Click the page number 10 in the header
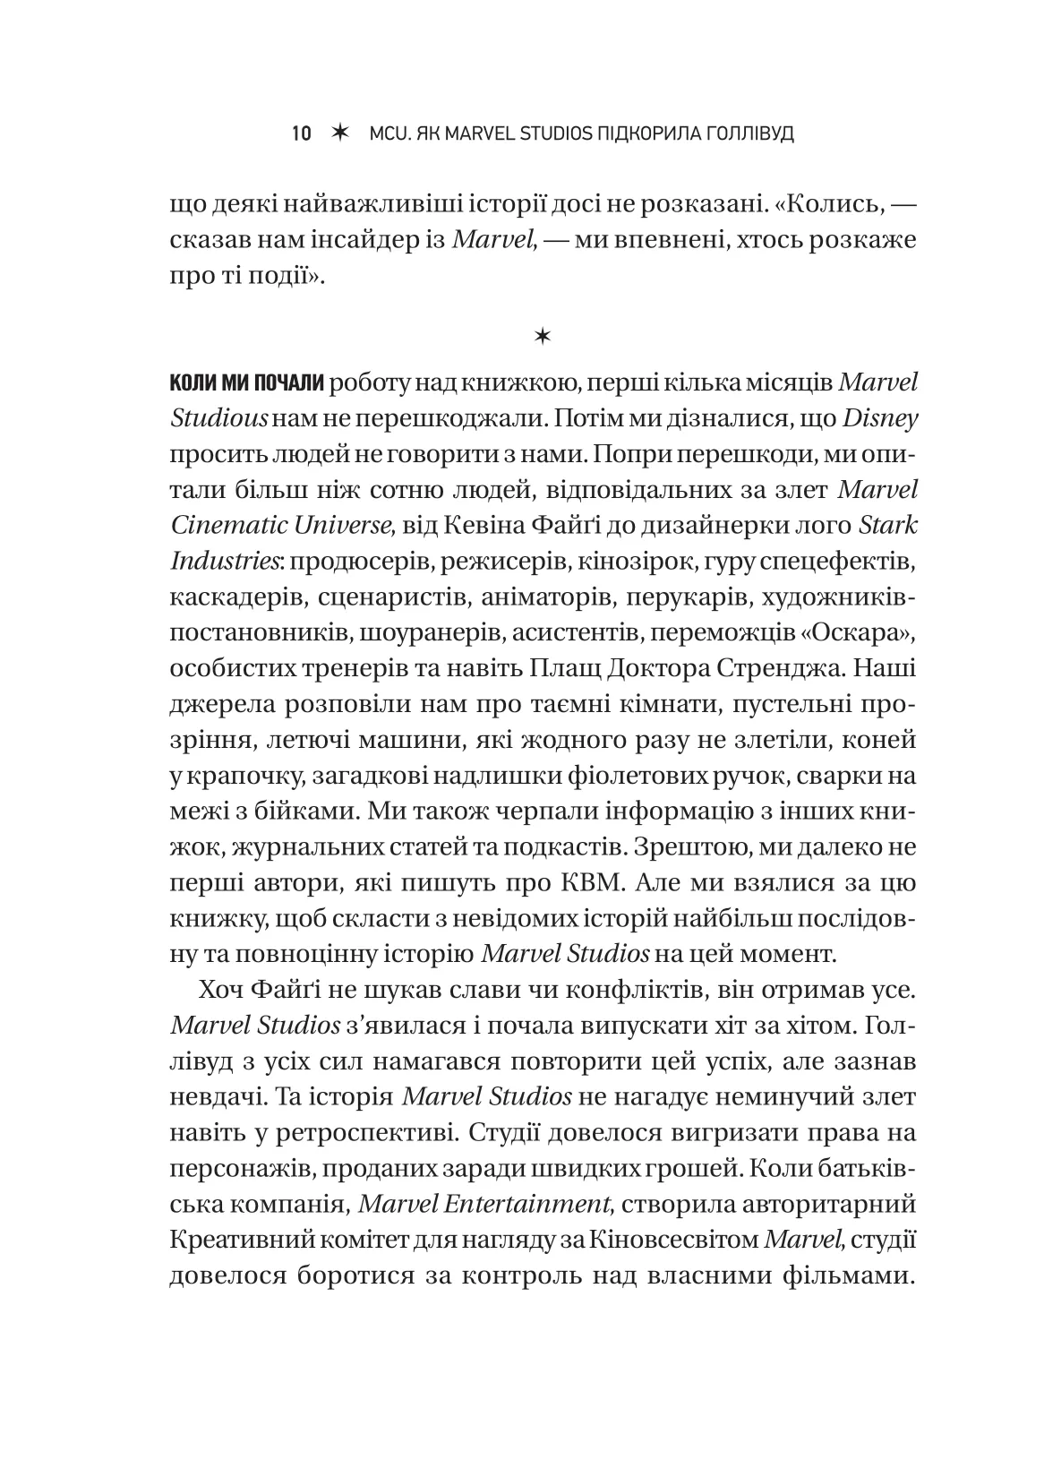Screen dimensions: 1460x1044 click(x=301, y=134)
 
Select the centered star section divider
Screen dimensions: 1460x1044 click(x=543, y=336)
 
